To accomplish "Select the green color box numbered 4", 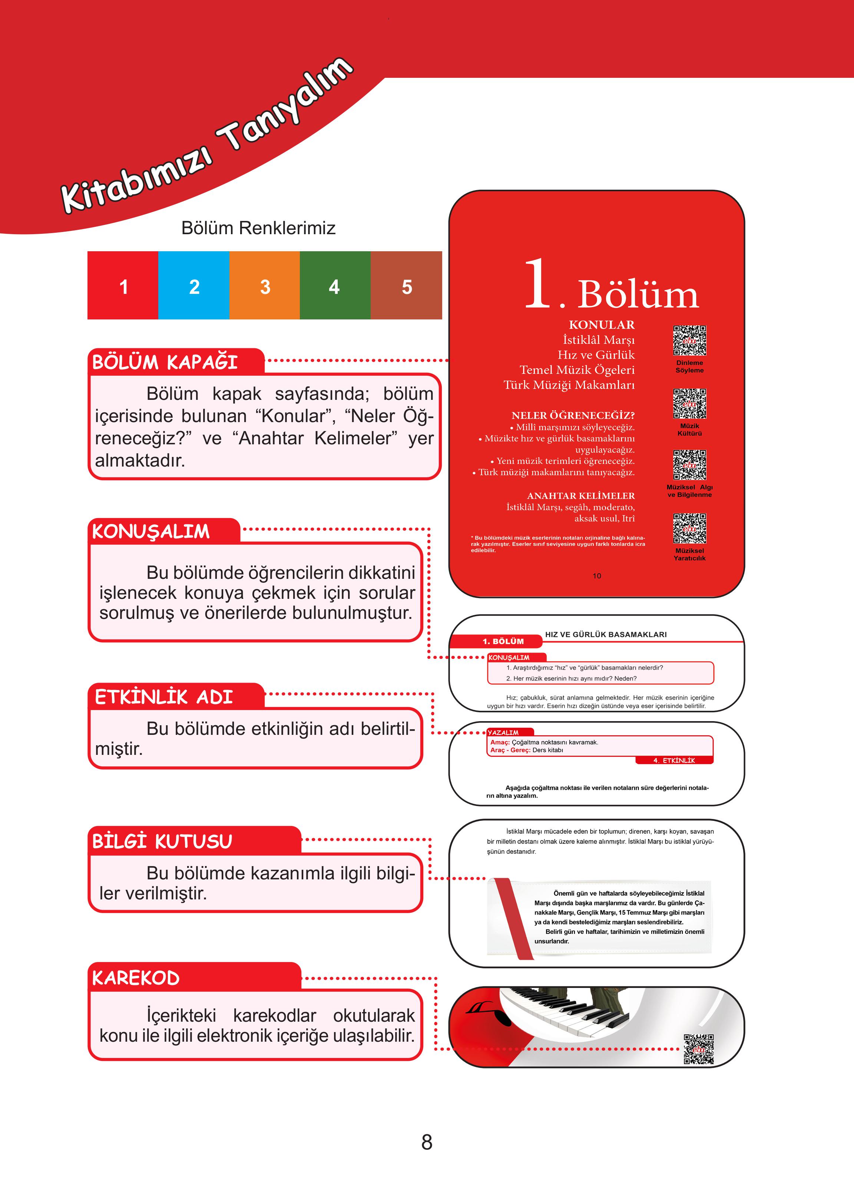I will point(335,285).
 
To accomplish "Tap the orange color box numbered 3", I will point(265,285).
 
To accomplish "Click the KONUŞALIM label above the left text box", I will point(151,531).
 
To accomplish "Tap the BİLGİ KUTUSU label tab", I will point(162,841).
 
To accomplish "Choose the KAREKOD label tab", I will point(136,978).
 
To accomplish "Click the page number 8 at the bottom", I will point(427,1142).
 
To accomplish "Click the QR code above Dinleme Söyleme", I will point(689,341).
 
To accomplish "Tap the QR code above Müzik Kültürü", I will point(689,404).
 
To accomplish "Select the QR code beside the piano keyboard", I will point(698,1049).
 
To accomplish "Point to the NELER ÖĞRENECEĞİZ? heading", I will point(573,415).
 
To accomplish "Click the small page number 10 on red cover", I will point(597,576).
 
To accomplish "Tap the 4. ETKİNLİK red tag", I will point(674,760).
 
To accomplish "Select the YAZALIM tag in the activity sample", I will point(503,732).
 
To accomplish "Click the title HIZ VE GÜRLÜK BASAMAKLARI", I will point(606,634).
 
